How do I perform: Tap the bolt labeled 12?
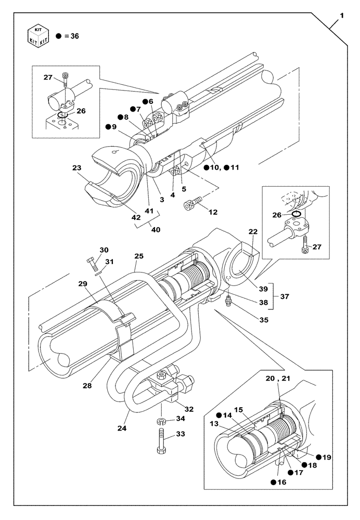tap(190, 205)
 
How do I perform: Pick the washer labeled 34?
tap(162, 420)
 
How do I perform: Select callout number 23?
tap(77, 168)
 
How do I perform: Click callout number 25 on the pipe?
tap(138, 257)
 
